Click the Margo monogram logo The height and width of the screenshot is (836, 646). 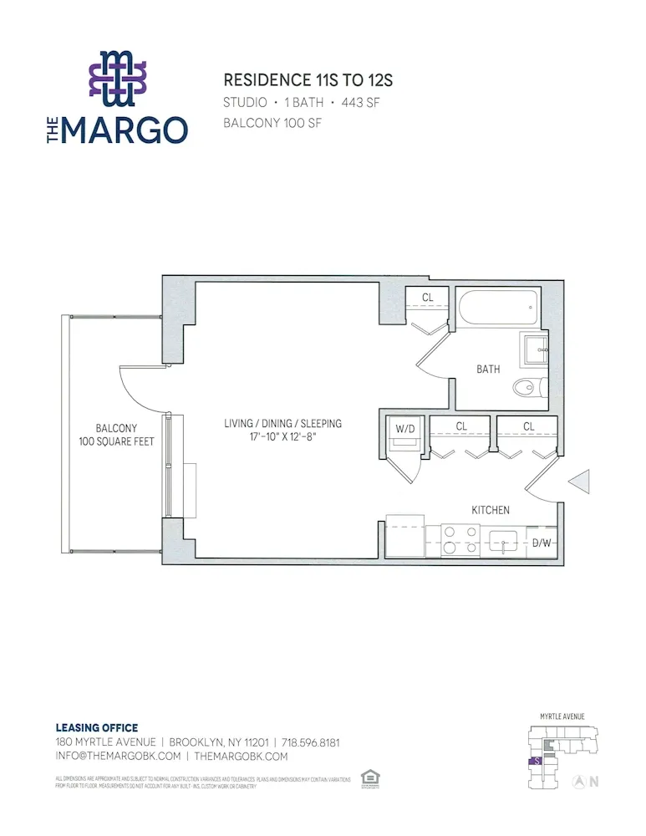[x=117, y=79]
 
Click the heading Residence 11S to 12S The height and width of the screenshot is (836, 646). [x=308, y=81]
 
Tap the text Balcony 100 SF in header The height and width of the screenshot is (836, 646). [x=272, y=123]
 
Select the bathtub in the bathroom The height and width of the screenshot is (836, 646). [x=497, y=308]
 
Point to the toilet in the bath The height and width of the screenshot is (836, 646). [x=526, y=387]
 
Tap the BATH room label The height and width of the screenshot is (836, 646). [x=489, y=369]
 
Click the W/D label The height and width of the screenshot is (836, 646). [x=404, y=428]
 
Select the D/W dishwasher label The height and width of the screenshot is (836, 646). [x=542, y=543]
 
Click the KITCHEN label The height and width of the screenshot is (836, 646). [x=491, y=509]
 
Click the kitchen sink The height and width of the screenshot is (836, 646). [x=504, y=541]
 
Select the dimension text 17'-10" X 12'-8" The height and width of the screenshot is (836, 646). [x=283, y=436]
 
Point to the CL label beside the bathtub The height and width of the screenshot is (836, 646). [x=427, y=297]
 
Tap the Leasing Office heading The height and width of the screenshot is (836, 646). [x=96, y=728]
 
